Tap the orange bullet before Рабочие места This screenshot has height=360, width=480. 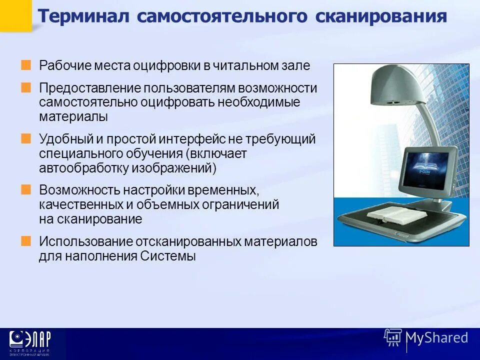[26, 65]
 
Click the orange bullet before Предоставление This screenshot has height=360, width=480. [26, 88]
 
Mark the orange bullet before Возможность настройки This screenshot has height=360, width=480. [26, 189]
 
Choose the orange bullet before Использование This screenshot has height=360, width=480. [26, 241]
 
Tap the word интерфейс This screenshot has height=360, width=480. [194, 139]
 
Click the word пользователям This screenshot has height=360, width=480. [189, 88]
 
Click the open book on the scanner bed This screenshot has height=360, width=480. [395, 216]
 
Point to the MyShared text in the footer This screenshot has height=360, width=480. [437, 337]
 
